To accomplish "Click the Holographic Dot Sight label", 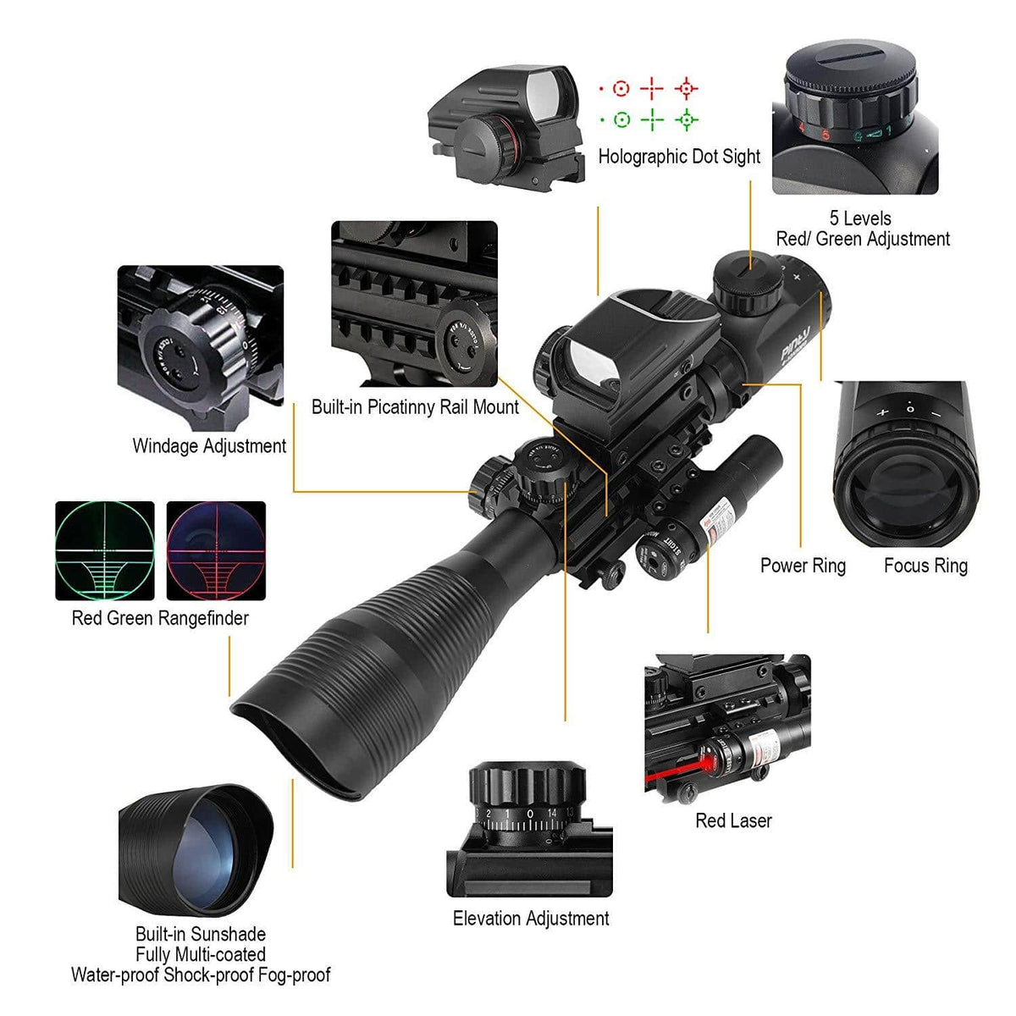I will (x=679, y=157).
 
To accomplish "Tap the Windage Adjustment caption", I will (x=209, y=446).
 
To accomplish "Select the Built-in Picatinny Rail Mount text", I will (x=415, y=407).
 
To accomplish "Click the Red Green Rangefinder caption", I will (x=160, y=618).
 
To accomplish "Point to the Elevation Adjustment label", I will (x=531, y=919).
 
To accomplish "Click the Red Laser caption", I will (x=733, y=820).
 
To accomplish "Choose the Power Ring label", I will (x=803, y=566).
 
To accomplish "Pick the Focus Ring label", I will (x=925, y=566).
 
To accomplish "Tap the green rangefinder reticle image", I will (x=105, y=550).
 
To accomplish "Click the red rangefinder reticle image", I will (x=216, y=550).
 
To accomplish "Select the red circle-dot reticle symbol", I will (x=621, y=88).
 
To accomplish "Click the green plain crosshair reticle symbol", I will (x=652, y=120).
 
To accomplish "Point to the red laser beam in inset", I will (x=677, y=774).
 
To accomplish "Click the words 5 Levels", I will (x=860, y=218).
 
